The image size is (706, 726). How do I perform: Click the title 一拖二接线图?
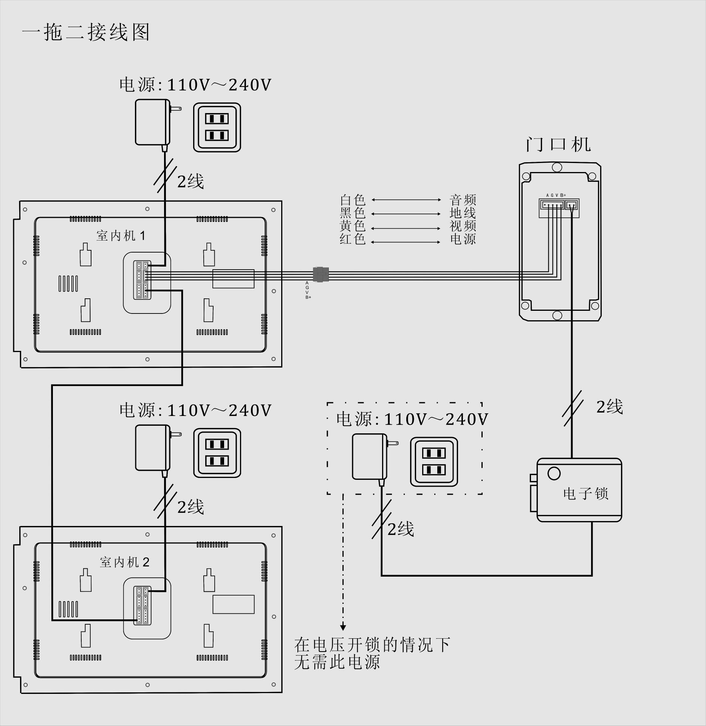[x=86, y=32]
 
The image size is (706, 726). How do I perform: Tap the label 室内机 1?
[x=121, y=236]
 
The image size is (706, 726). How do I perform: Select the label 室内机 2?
[x=125, y=562]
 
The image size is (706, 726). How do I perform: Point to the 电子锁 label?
[x=585, y=493]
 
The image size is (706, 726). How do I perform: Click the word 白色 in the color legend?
[x=353, y=200]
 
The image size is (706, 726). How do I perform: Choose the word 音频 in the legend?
[x=463, y=200]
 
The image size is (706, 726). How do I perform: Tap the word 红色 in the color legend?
[x=353, y=239]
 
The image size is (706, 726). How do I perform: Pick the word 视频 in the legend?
[x=463, y=226]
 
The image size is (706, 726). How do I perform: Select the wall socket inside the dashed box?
[x=434, y=462]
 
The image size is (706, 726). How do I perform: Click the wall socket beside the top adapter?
[x=217, y=127]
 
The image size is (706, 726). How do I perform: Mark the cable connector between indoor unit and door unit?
[x=321, y=274]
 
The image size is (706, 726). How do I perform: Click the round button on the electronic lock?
[x=554, y=473]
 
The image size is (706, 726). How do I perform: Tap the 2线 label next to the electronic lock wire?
[x=609, y=407]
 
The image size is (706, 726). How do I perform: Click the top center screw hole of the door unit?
[x=557, y=168]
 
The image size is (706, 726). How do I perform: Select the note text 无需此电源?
[x=337, y=662]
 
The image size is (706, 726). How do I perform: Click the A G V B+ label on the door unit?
[x=556, y=195]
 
